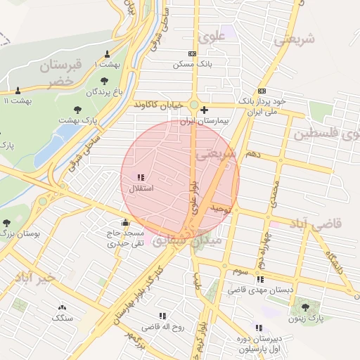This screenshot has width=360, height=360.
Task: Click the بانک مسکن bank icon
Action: click(x=193, y=53)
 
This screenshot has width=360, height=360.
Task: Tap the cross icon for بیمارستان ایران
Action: click(x=204, y=110)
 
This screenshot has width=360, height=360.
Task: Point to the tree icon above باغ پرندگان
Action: click(x=105, y=82)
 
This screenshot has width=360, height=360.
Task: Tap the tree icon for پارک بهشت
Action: click(x=77, y=110)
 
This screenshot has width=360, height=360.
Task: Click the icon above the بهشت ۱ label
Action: click(x=107, y=54)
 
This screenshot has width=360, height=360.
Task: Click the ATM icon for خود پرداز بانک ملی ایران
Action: click(x=262, y=91)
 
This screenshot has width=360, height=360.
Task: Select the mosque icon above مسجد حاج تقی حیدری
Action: click(x=125, y=223)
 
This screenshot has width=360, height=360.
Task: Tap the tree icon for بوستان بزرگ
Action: click(x=6, y=222)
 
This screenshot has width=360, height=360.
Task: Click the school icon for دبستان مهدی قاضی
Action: click(x=231, y=279)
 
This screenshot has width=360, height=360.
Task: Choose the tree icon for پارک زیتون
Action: click(x=305, y=307)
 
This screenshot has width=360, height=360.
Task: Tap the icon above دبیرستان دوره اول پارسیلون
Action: click(x=259, y=328)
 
